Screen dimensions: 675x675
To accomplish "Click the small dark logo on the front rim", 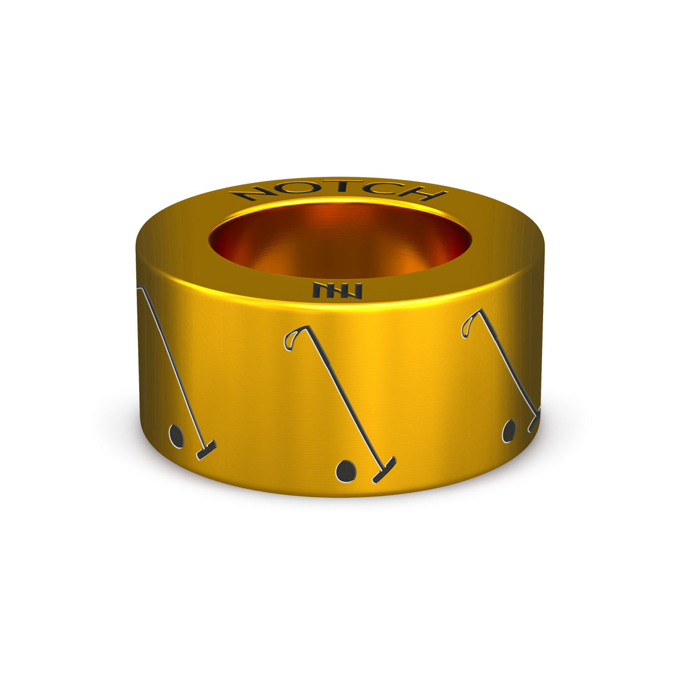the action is tap(337, 290).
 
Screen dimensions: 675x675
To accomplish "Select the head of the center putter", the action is tap(384, 470).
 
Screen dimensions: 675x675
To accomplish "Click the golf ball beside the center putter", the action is tap(346, 471).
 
